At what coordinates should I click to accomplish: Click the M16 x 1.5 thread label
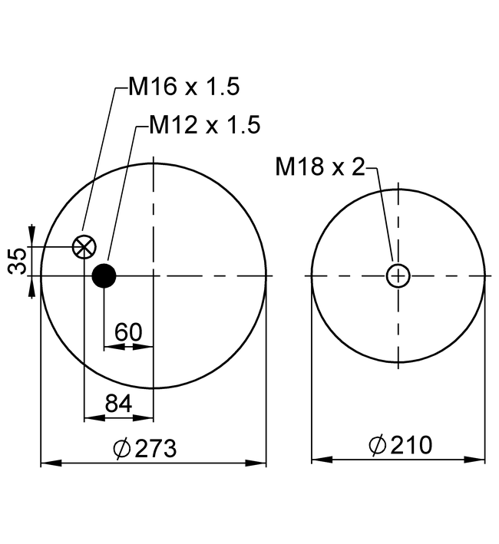click(184, 87)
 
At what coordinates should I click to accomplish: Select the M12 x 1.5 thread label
click(205, 124)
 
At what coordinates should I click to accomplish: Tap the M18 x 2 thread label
click(320, 166)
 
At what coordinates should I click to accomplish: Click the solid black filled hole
click(104, 275)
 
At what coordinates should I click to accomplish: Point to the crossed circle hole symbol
click(84, 247)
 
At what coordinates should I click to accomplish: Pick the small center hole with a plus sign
click(398, 275)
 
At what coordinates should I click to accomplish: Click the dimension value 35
click(18, 261)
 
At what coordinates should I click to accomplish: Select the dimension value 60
click(128, 332)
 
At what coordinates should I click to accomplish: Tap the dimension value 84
click(119, 404)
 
